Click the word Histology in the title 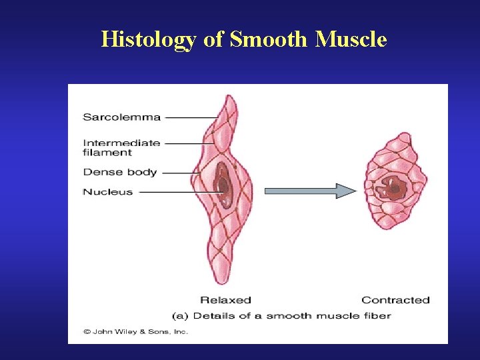(148, 40)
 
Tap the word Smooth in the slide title (269, 40)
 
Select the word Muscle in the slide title (351, 40)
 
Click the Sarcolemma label (121, 117)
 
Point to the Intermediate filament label (121, 147)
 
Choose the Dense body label (119, 172)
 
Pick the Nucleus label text (107, 192)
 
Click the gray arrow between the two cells (310, 191)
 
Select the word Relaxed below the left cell (225, 300)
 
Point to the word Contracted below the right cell (395, 300)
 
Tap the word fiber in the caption (377, 315)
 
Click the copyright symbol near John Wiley (87, 331)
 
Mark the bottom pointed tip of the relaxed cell (214, 283)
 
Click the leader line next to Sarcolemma (191, 117)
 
